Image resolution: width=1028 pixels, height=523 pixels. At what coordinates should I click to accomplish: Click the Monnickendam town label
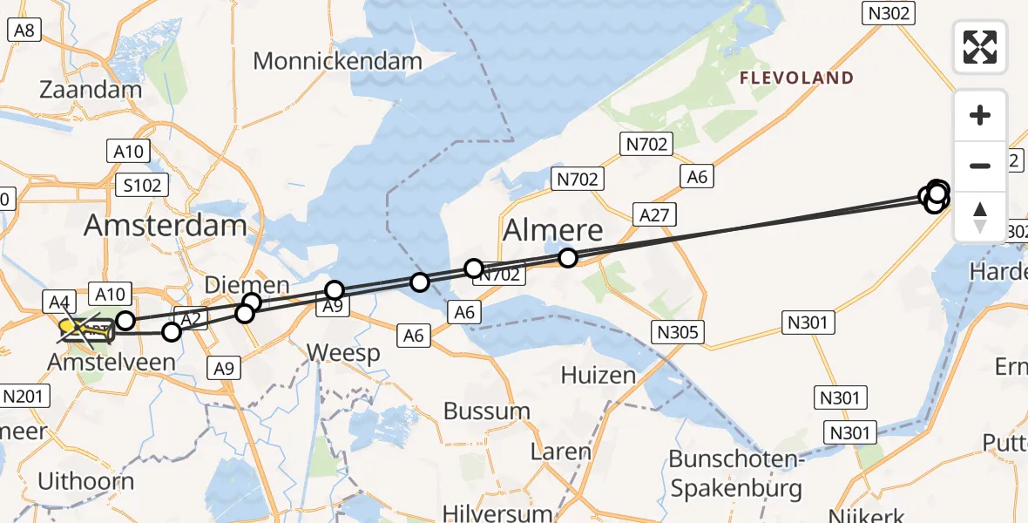(337, 61)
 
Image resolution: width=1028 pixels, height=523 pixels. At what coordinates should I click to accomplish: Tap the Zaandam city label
(91, 90)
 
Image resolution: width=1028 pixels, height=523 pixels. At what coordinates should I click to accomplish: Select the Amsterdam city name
(165, 226)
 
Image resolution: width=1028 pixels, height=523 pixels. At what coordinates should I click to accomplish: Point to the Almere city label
(553, 230)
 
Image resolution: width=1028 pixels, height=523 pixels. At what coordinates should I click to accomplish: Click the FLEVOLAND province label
(796, 78)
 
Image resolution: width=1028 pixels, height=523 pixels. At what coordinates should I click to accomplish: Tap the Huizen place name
(598, 375)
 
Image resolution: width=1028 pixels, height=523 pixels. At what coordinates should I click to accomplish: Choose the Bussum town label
(487, 411)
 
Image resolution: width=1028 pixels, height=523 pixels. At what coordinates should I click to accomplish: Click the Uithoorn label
(86, 481)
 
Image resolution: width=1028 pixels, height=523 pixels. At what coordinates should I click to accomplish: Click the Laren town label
(561, 452)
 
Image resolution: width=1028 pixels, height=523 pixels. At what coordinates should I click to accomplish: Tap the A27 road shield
(654, 214)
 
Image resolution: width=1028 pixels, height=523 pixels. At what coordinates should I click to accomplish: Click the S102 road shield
(142, 185)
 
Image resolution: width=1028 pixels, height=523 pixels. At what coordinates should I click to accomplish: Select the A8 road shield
(24, 31)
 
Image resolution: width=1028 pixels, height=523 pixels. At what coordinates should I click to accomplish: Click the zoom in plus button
(980, 115)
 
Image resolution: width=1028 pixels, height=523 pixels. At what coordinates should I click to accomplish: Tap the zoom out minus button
(980, 166)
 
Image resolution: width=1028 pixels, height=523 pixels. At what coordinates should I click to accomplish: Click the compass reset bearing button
(980, 216)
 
